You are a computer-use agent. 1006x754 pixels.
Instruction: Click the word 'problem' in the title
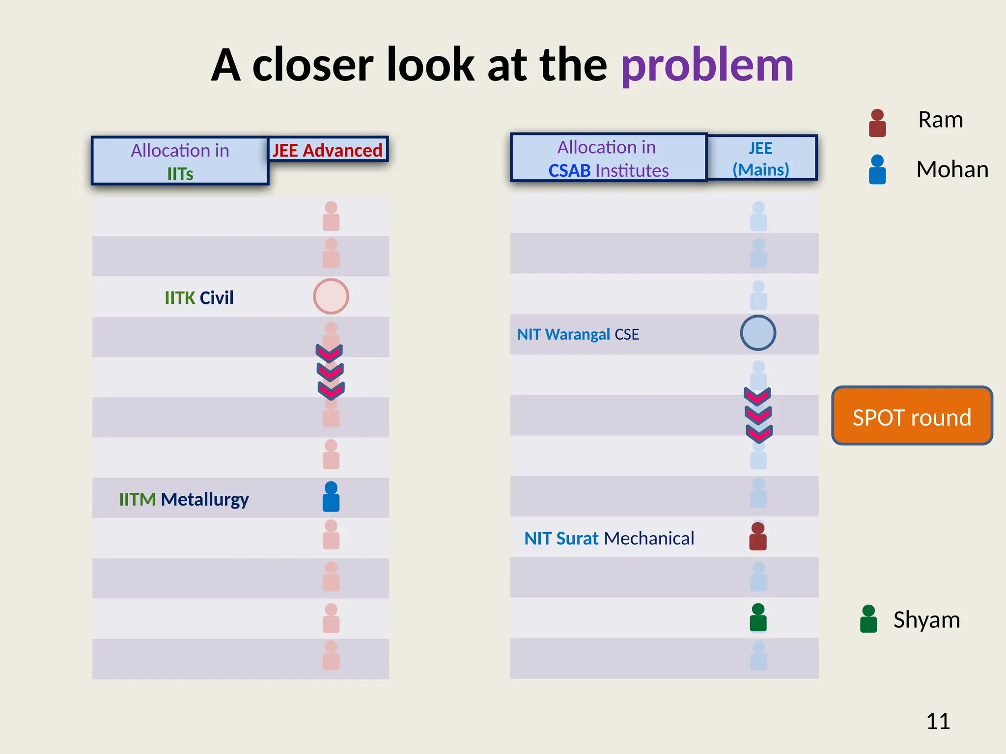pos(707,65)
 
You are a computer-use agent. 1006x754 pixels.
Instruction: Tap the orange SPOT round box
pos(912,416)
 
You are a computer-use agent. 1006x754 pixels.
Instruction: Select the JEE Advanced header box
pos(328,150)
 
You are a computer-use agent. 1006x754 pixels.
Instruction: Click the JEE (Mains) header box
pos(761,158)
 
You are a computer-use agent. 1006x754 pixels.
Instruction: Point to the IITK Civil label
pos(199,297)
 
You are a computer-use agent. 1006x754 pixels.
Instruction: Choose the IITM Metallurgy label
pos(184,499)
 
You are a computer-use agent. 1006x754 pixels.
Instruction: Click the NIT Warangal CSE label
pos(578,334)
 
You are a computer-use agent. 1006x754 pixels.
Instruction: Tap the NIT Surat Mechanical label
pos(609,538)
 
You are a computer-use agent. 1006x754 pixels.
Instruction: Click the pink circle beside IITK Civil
pos(331,296)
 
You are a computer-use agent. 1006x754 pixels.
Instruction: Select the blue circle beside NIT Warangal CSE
pos(758,333)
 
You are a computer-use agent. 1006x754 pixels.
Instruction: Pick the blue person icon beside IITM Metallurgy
pos(331,497)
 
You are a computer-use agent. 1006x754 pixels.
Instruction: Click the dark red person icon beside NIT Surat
pos(758,537)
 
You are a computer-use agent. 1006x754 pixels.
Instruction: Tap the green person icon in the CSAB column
pos(758,617)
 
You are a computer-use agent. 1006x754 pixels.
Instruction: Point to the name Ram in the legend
pos(940,120)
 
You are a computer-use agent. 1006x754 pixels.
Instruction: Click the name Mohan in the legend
pos(952,169)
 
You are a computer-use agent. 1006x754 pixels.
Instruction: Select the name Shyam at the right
pos(926,619)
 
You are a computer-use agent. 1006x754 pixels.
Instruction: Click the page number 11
pos(938,721)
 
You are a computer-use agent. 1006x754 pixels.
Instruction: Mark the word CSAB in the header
pos(569,171)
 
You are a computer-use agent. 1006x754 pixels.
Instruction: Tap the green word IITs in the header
pos(180,174)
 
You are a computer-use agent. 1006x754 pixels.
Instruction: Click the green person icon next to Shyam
pos(868,619)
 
